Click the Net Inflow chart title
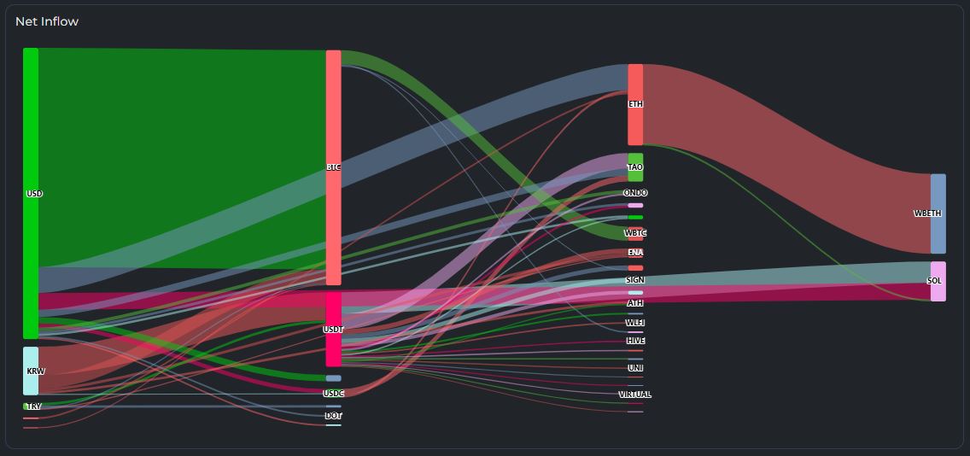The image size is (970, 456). pos(47,21)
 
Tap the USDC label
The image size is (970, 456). pos(333,394)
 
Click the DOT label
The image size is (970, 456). pos(333,416)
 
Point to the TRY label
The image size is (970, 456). pos(33,406)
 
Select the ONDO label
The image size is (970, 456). pos(635,193)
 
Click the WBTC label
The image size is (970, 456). pos(635,233)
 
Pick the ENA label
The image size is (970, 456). pos(635,253)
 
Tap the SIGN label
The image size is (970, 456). pos(635,280)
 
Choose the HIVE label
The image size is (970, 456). pos(635,341)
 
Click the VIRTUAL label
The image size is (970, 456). pos(635,395)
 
